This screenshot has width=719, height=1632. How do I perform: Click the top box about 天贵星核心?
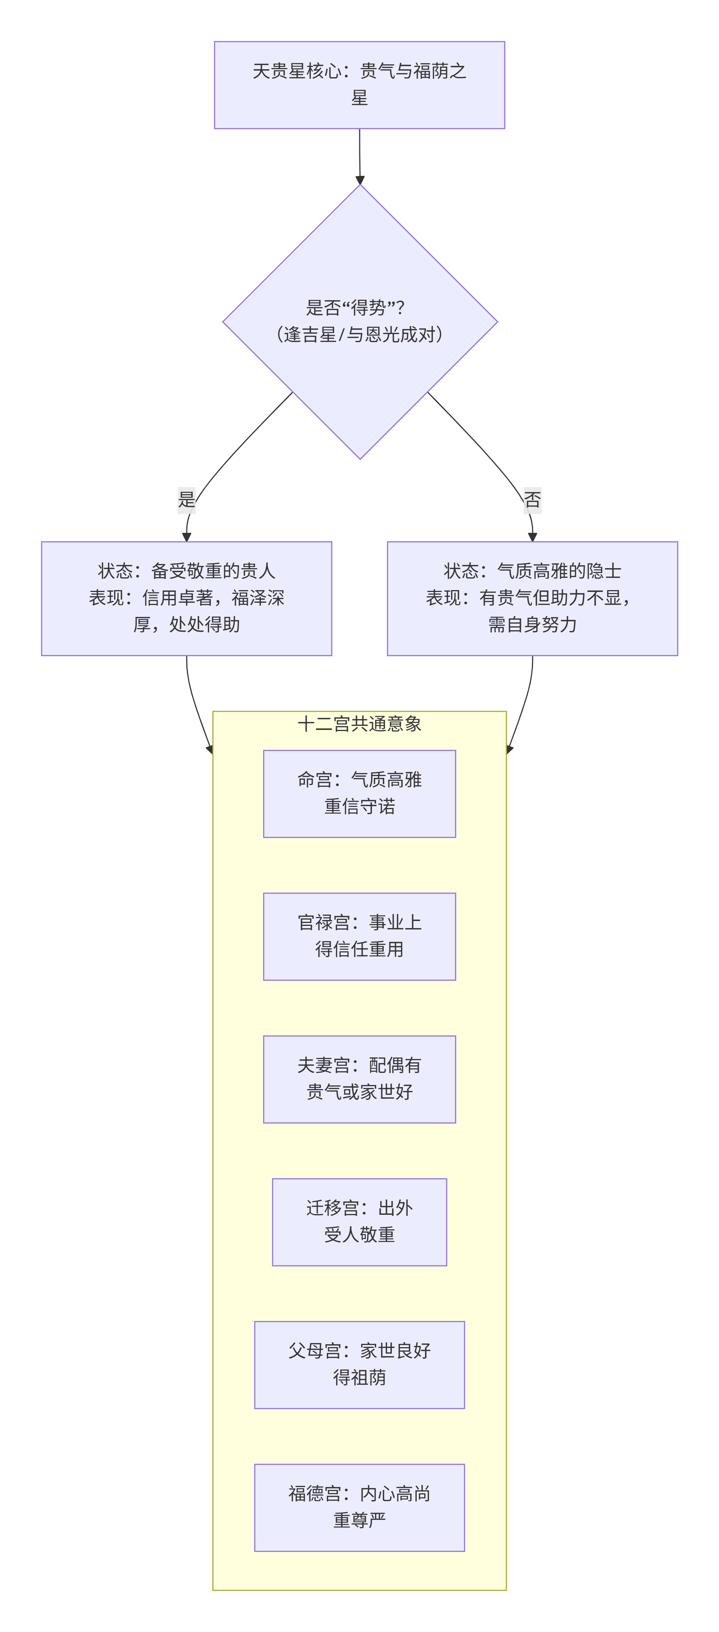[359, 85]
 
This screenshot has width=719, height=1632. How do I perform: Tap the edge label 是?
[186, 499]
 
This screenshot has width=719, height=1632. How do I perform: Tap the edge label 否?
[532, 499]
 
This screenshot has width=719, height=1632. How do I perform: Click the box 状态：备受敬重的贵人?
[186, 598]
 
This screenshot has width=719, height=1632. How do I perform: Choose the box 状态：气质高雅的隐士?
[532, 598]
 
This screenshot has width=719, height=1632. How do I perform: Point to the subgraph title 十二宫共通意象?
[359, 724]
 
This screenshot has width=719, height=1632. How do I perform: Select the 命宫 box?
[359, 793]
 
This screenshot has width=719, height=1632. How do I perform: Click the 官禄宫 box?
[359, 936]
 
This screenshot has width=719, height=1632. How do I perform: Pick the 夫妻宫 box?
[359, 1079]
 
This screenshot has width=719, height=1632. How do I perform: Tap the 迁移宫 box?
[359, 1221]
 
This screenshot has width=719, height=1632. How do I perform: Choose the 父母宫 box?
[359, 1365]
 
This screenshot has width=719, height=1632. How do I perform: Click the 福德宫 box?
[359, 1507]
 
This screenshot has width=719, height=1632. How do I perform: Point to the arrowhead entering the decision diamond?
[360, 180]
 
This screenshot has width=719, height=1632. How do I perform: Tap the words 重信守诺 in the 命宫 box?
[359, 807]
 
